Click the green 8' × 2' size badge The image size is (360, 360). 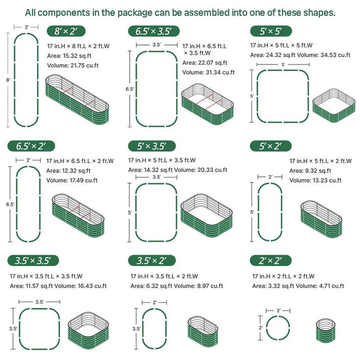click(66, 31)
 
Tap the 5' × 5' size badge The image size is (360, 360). click(271, 31)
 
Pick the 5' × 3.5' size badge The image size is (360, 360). click(150, 146)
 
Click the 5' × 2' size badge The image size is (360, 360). click(270, 146)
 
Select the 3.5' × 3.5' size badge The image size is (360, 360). click(33, 260)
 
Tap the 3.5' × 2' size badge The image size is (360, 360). click(150, 260)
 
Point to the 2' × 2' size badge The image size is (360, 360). click(270, 260)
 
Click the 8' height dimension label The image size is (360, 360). click(8, 80)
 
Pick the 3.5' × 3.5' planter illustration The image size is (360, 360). click(86, 327)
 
